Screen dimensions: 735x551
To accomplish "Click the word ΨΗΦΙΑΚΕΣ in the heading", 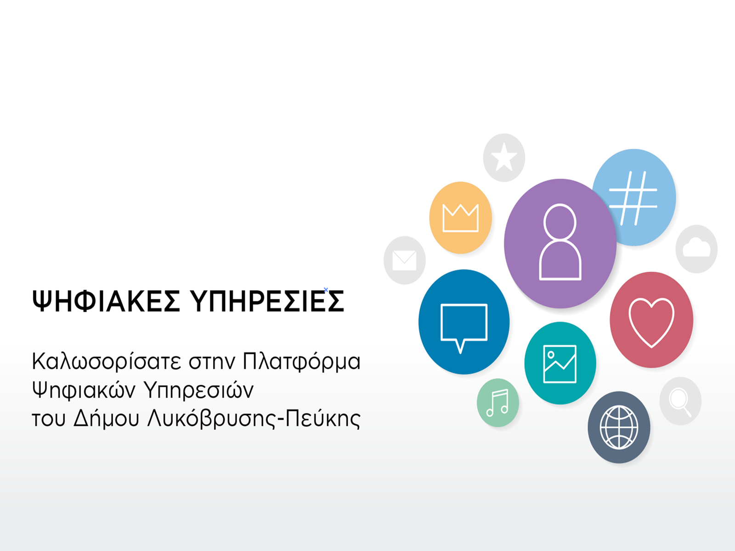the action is [106, 301].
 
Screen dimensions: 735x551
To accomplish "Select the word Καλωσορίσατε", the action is [107, 362].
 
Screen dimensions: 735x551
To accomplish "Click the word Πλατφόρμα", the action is [301, 362].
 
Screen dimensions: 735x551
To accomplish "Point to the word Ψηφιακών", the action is [84, 390].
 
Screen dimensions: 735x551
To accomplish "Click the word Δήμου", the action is [107, 418].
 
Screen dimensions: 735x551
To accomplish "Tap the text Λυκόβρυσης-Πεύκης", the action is [254, 418].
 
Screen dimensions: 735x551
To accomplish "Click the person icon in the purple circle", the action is [560, 242].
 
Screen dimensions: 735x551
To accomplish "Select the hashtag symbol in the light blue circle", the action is [633, 198].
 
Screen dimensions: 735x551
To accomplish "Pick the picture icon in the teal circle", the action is [560, 364].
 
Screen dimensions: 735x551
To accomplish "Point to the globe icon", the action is [619, 427].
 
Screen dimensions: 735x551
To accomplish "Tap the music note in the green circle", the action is [498, 403].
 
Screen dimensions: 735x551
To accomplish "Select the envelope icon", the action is [404, 260].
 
